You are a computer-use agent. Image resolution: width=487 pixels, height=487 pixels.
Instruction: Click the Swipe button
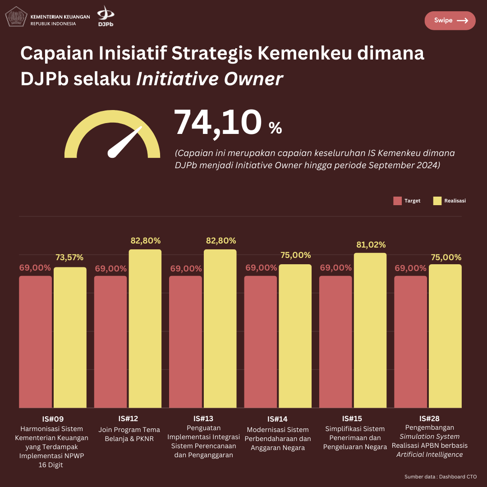(450, 21)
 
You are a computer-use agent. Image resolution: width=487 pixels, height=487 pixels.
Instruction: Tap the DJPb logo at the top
(106, 16)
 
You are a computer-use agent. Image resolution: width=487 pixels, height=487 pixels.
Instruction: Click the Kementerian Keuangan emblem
(16, 17)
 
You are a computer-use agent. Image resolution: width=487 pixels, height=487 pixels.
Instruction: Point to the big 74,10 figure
(218, 123)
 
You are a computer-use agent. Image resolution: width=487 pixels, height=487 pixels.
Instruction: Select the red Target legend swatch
(397, 201)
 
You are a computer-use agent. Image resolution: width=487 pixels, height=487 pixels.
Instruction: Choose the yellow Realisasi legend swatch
(437, 201)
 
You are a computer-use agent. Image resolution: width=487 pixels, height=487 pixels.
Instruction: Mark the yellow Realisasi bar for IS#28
(445, 336)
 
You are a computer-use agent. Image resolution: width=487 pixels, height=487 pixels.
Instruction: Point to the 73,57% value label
(69, 257)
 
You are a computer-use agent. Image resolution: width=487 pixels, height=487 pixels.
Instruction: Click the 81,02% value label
(370, 245)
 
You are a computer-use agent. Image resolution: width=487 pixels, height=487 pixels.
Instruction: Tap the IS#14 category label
(277, 419)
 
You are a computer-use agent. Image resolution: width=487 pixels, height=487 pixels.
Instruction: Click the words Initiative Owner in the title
(209, 79)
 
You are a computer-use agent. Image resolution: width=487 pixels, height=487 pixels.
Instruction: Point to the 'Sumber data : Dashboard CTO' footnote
(440, 477)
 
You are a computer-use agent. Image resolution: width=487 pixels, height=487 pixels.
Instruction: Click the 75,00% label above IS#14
(295, 255)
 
